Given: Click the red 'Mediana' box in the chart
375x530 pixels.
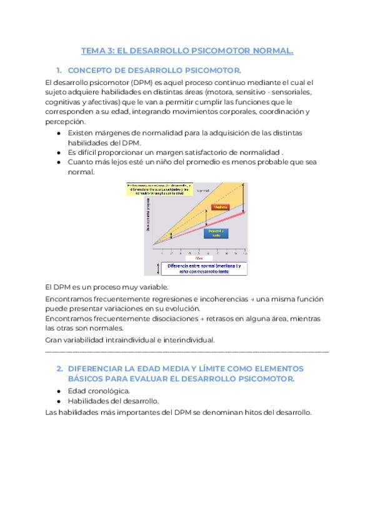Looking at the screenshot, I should click(x=219, y=207).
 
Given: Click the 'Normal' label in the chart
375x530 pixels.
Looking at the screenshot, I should click(x=203, y=190).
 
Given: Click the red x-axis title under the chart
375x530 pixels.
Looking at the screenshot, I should click(x=199, y=257).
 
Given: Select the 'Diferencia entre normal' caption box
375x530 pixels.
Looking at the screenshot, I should click(x=204, y=269).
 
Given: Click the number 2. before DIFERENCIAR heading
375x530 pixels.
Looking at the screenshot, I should click(x=59, y=369).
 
